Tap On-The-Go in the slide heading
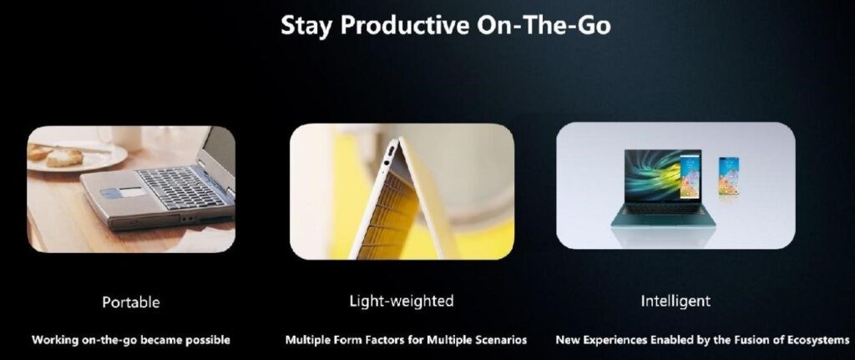coord(544,25)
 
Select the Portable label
coord(131,302)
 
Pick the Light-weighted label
coord(402,301)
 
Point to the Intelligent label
coord(675,301)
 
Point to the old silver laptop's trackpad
coord(130,193)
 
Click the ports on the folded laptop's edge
coord(389,156)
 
